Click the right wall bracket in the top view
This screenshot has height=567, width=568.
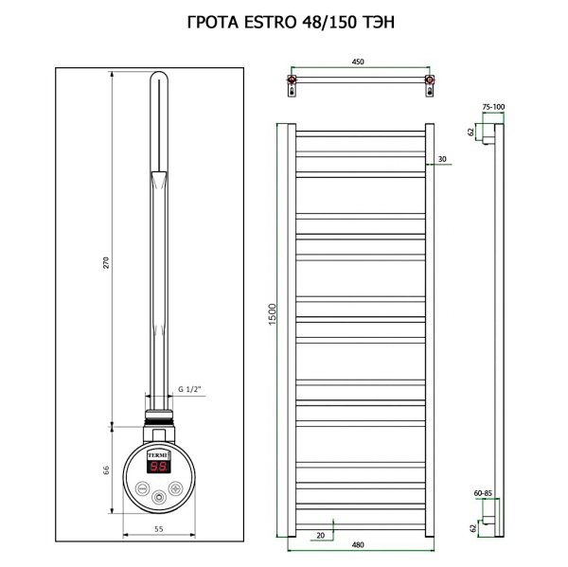[431, 86]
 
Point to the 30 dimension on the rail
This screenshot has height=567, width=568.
[441, 159]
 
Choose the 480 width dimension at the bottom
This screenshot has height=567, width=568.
[359, 544]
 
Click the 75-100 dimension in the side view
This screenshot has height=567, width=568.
[493, 107]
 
